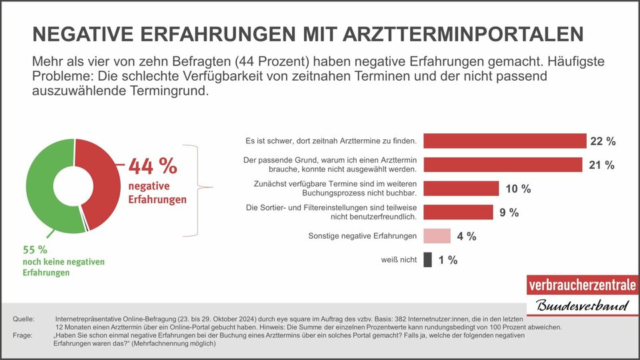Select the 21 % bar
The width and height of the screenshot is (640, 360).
[x=503, y=165]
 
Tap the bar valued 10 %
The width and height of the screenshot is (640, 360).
[x=461, y=189]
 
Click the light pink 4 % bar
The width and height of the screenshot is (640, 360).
[x=437, y=236]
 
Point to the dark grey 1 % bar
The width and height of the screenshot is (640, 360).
[x=428, y=260]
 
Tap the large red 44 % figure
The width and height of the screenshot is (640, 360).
[x=153, y=166]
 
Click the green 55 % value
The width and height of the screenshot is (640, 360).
[x=35, y=250]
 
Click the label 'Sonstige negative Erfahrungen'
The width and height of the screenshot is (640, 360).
[x=363, y=236]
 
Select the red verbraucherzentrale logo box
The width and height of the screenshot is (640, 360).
[x=581, y=285]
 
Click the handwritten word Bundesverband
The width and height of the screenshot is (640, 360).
[x=582, y=307]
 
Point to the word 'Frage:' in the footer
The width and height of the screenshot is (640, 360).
[x=23, y=336]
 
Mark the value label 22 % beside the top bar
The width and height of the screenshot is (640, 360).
[x=603, y=141]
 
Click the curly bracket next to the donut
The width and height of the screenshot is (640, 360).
[x=198, y=189]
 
